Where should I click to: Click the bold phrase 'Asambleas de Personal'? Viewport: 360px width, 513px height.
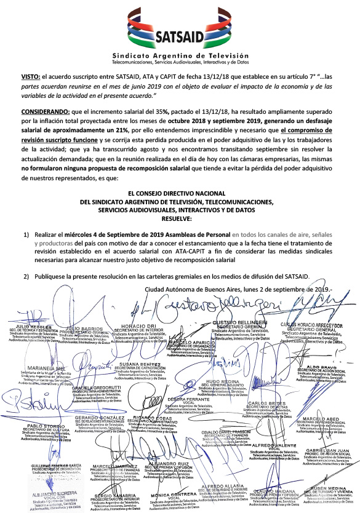(x=200, y=236)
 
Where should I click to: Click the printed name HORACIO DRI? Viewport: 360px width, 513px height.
(x=140, y=325)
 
